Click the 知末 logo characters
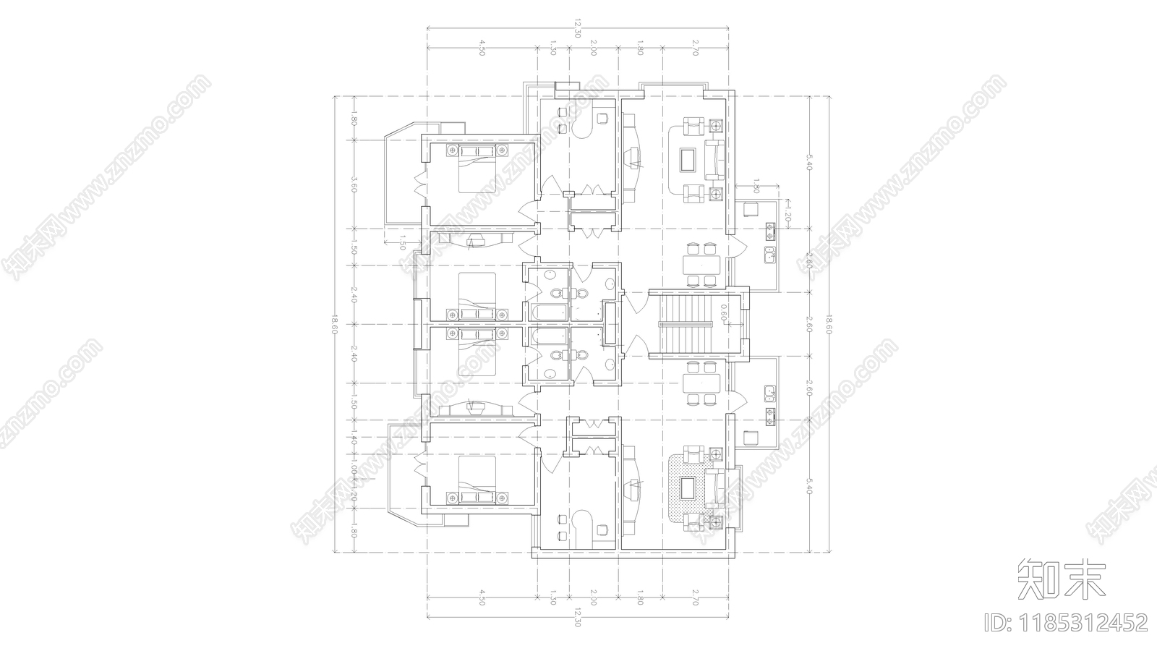pos(1062,579)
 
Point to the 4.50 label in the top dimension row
pos(481,48)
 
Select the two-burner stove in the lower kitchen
pos(769,414)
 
